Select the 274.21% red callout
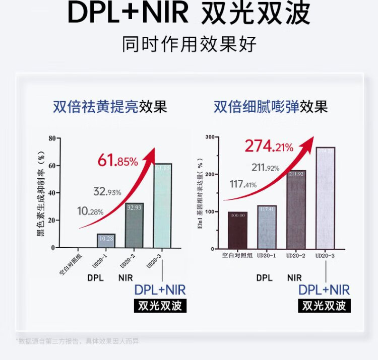[x=269, y=147]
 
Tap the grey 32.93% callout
[x=107, y=192]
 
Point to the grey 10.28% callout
[x=90, y=211]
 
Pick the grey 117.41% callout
[x=243, y=184]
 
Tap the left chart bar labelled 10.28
[x=106, y=241]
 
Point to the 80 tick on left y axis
[x=51, y=138]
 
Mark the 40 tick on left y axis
[x=51, y=193]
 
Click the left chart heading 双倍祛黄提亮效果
[x=109, y=107]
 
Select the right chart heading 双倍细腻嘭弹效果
[x=271, y=107]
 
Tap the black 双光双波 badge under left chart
[x=160, y=306]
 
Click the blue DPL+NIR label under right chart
[x=324, y=290]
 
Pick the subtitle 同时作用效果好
[x=189, y=44]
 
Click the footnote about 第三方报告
[x=78, y=341]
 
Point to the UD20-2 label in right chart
[x=296, y=256]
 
